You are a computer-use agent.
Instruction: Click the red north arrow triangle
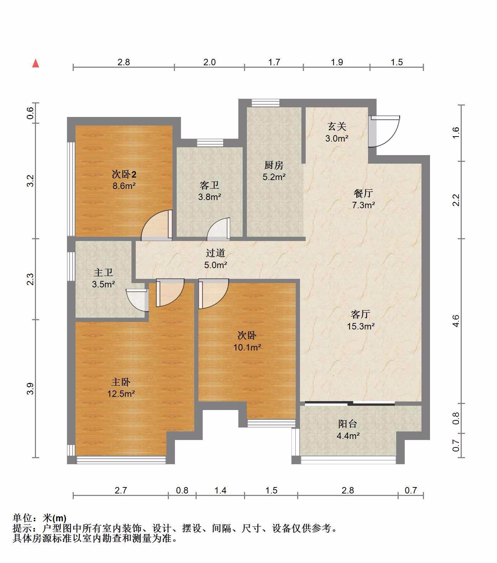[36, 63]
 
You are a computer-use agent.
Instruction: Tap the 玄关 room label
[337, 127]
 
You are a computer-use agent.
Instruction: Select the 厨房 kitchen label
[274, 165]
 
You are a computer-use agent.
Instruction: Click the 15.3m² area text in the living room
[361, 326]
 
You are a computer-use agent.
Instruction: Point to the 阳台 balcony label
[347, 424]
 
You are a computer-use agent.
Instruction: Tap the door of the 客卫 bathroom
[218, 228]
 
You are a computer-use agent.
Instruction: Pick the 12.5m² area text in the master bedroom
[121, 394]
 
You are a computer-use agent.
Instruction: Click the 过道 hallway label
[216, 253]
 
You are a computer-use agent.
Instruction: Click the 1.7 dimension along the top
[274, 62]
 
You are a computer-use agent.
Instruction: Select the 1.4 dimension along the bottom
[221, 490]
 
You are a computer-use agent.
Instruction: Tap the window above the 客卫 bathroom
[210, 143]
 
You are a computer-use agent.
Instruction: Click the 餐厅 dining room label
[363, 193]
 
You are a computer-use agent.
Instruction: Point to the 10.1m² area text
[247, 347]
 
